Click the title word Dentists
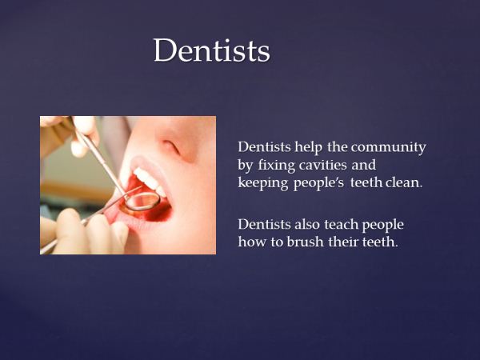pyautogui.click(x=211, y=50)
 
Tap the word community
pyautogui.click(x=389, y=147)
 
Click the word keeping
pyautogui.click(x=263, y=183)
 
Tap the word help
pyautogui.click(x=309, y=147)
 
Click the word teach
pyautogui.click(x=342, y=224)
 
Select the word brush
pyautogui.click(x=305, y=242)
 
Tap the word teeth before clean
pyautogui.click(x=366, y=182)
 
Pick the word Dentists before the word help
pyautogui.click(x=264, y=147)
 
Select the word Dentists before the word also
pyautogui.click(x=264, y=224)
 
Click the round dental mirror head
pyautogui.click(x=142, y=202)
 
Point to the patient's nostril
pyautogui.click(x=171, y=146)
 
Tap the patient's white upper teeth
pyautogui.click(x=150, y=182)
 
